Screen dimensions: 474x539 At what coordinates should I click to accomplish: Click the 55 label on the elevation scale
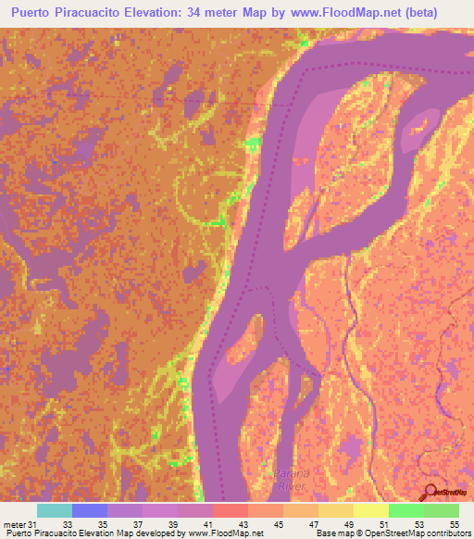(x=454, y=525)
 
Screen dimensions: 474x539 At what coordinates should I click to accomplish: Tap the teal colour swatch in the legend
(x=55, y=510)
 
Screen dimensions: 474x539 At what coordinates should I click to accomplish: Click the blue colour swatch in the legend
(x=90, y=510)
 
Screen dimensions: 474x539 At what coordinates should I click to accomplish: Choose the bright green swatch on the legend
(x=406, y=510)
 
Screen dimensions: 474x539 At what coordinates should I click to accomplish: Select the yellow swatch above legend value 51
(x=371, y=510)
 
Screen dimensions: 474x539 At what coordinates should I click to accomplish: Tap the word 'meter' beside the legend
(x=15, y=525)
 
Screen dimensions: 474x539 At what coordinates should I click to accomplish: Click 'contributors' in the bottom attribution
(x=442, y=534)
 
